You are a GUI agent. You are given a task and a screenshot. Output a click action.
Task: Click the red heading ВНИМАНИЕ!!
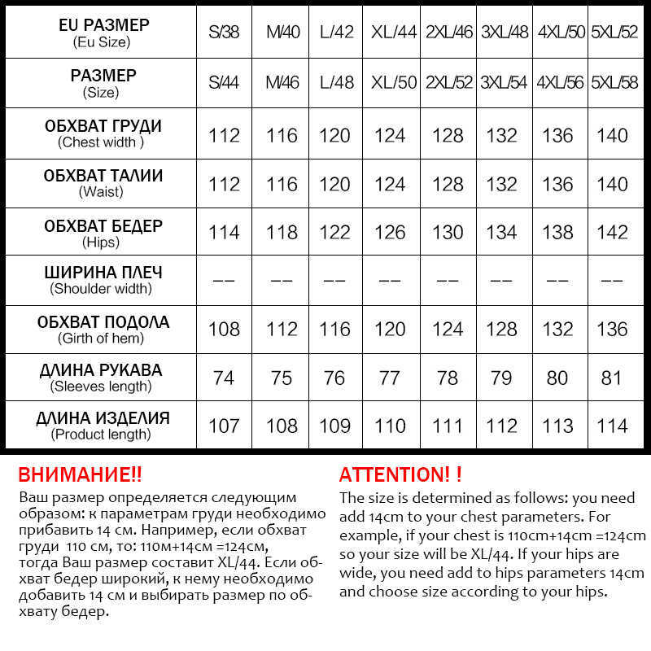pyautogui.click(x=80, y=475)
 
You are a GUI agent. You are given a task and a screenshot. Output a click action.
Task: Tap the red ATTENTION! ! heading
pyautogui.click(x=400, y=475)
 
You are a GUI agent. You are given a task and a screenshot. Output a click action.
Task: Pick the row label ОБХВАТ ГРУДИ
pyautogui.click(x=103, y=126)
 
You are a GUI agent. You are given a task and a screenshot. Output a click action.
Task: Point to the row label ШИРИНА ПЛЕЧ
pyautogui.click(x=103, y=273)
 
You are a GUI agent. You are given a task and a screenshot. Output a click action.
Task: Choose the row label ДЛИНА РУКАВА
pyautogui.click(x=101, y=370)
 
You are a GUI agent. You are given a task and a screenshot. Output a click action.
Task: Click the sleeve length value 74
pyautogui.click(x=224, y=378)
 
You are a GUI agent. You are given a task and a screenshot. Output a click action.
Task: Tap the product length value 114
pyautogui.click(x=612, y=426)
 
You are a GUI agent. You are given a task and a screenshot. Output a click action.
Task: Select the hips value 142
pyautogui.click(x=612, y=232)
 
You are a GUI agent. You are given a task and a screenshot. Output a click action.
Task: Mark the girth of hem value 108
pyautogui.click(x=224, y=329)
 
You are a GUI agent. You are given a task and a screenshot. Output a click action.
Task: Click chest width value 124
pyautogui.click(x=390, y=135)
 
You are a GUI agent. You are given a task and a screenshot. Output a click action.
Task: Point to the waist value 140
pyautogui.click(x=612, y=184)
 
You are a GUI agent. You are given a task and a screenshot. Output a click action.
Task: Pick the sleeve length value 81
pyautogui.click(x=612, y=378)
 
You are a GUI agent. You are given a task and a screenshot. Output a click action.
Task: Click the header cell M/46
pyautogui.click(x=282, y=83)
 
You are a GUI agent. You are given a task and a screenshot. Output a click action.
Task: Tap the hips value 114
pyautogui.click(x=224, y=232)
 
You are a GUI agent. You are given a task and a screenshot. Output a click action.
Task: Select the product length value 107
pyautogui.click(x=224, y=426)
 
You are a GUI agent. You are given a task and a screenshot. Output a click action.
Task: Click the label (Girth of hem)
pyautogui.click(x=101, y=338)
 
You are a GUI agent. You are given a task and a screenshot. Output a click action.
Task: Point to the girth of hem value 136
pyautogui.click(x=612, y=329)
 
